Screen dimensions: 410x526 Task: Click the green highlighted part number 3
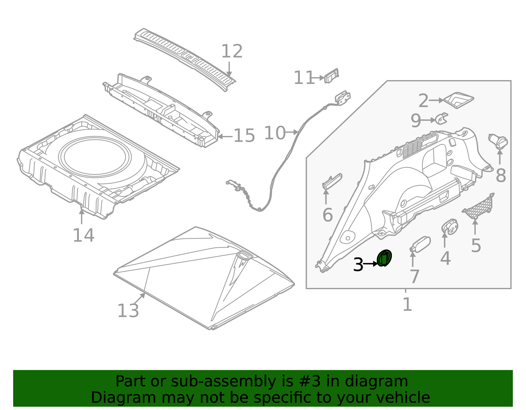pyautogui.click(x=384, y=258)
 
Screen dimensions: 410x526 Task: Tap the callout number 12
pyautogui.click(x=232, y=52)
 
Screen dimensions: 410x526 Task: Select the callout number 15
pyautogui.click(x=244, y=136)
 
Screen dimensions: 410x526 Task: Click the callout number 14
pyautogui.click(x=84, y=235)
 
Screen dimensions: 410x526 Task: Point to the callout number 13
pyautogui.click(x=128, y=311)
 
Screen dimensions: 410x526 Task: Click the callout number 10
pyautogui.click(x=275, y=133)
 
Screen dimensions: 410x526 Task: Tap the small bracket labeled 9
pyautogui.click(x=442, y=119)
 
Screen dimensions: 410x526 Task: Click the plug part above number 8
pyautogui.click(x=498, y=141)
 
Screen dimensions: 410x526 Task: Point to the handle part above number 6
pyautogui.click(x=332, y=181)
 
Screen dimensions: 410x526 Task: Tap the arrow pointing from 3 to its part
pyautogui.click(x=371, y=264)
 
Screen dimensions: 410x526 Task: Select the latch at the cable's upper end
pyautogui.click(x=343, y=97)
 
